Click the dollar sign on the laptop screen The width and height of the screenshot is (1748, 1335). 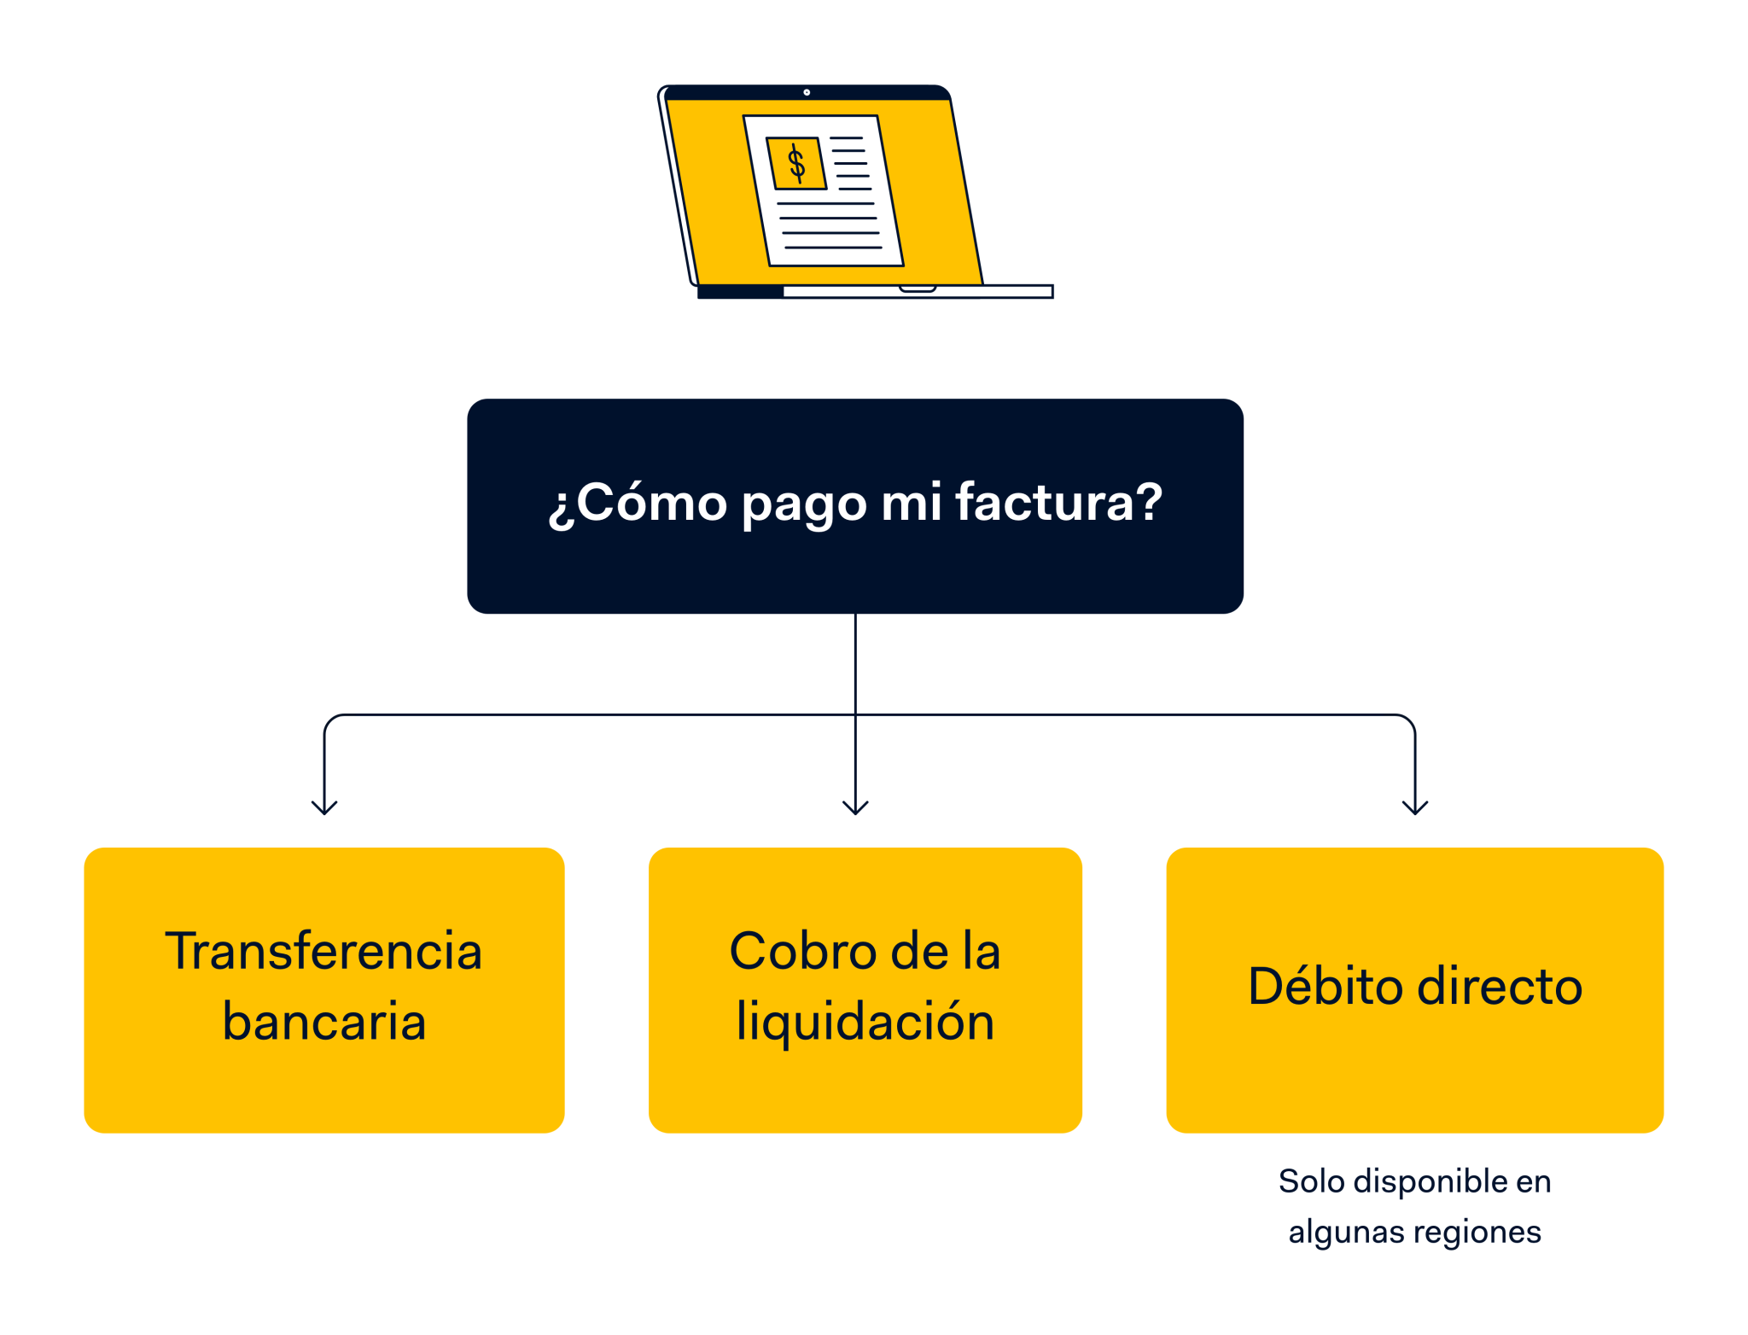(x=796, y=163)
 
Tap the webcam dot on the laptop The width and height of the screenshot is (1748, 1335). (x=807, y=92)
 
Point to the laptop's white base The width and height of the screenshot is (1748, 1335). (x=918, y=292)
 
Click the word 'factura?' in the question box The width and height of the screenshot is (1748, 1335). (x=1058, y=502)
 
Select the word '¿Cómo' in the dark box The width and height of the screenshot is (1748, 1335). (x=636, y=502)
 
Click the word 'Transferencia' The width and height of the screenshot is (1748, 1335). (x=324, y=951)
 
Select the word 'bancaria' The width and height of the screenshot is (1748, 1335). (x=324, y=1021)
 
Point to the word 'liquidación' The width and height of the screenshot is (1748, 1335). (x=865, y=1021)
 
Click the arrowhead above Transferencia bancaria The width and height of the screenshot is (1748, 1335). (x=324, y=807)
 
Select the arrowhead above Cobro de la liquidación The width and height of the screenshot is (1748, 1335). (x=855, y=807)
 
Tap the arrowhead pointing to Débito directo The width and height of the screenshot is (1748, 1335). (x=1415, y=807)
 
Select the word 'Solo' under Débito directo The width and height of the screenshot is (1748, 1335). (x=1311, y=1182)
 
